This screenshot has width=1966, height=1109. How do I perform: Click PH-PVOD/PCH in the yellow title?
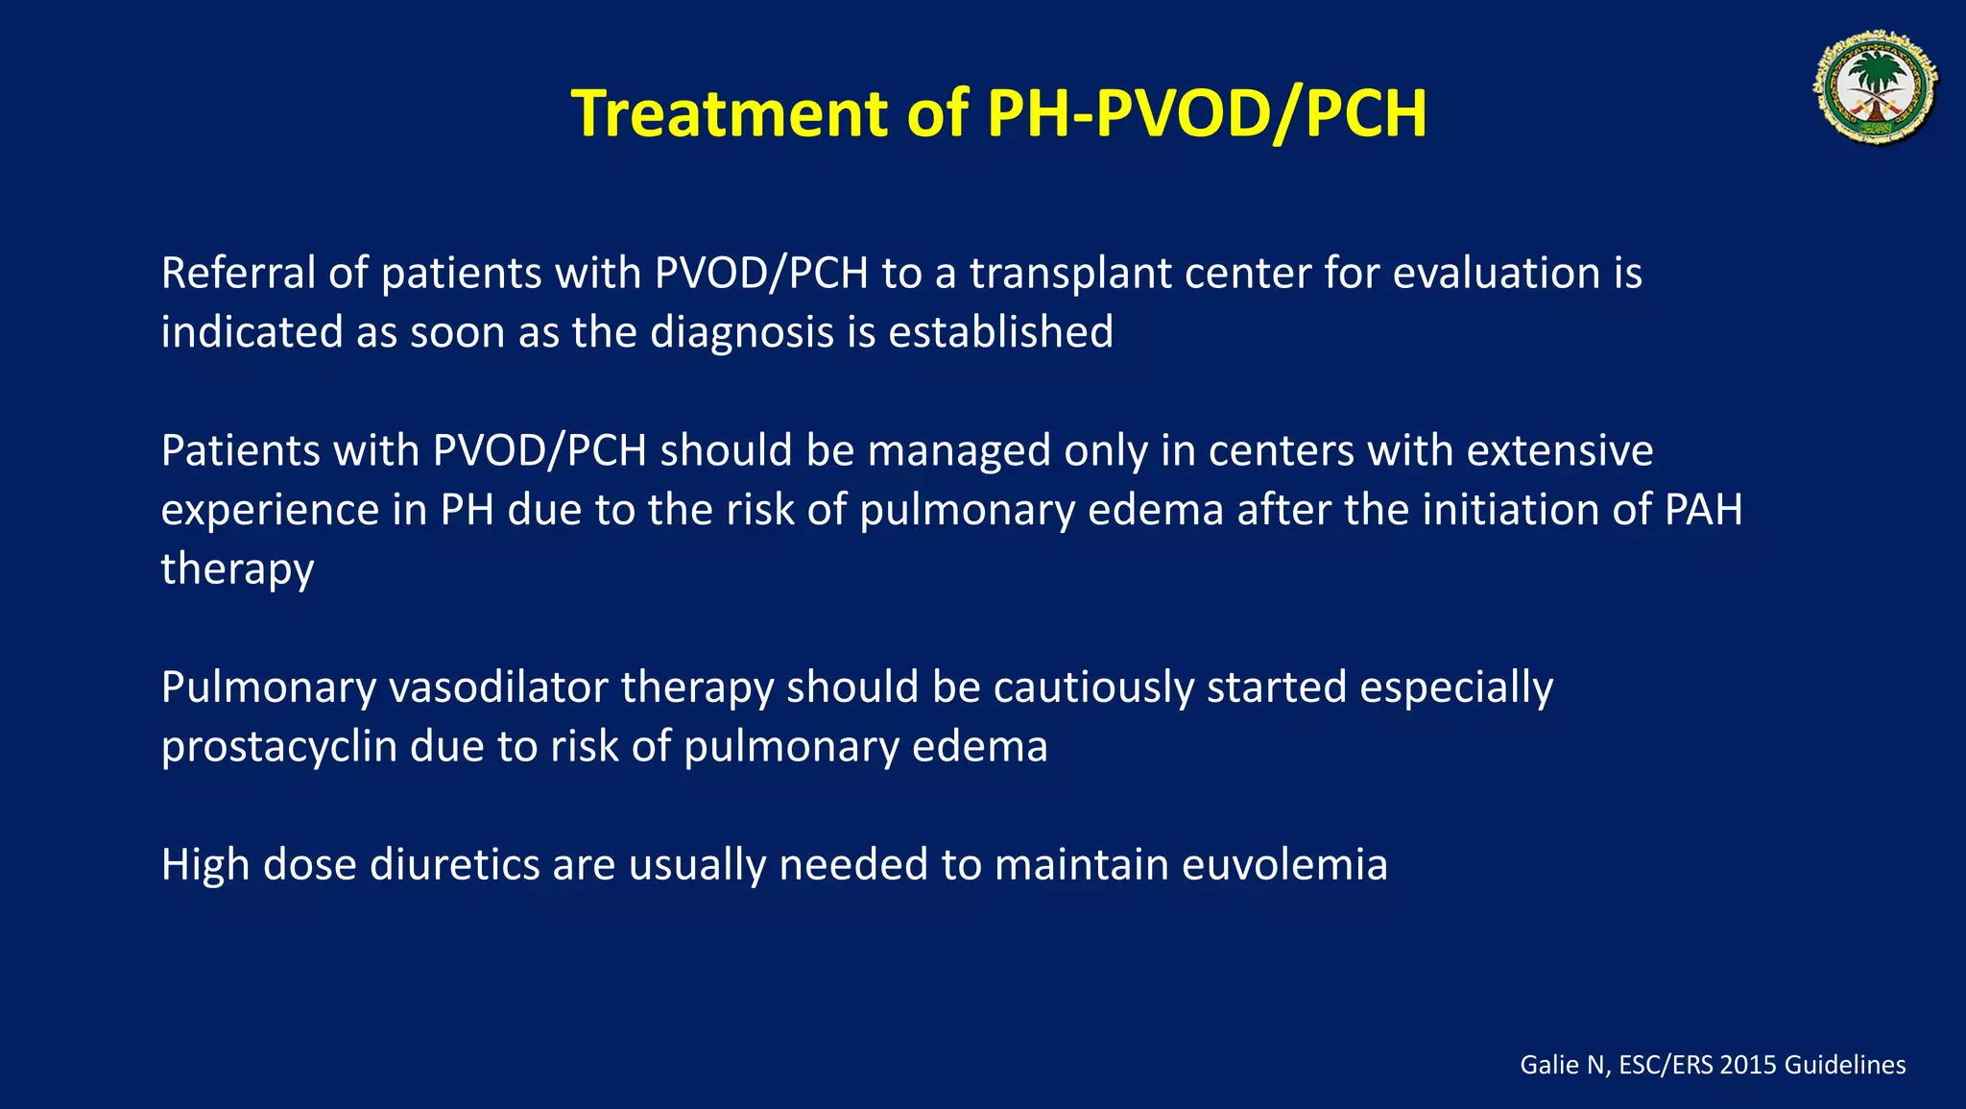[x=1207, y=114]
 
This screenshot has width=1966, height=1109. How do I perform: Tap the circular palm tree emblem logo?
[x=1876, y=87]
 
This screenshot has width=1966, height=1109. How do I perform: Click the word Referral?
[x=238, y=274]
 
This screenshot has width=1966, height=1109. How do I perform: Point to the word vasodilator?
[x=498, y=688]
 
